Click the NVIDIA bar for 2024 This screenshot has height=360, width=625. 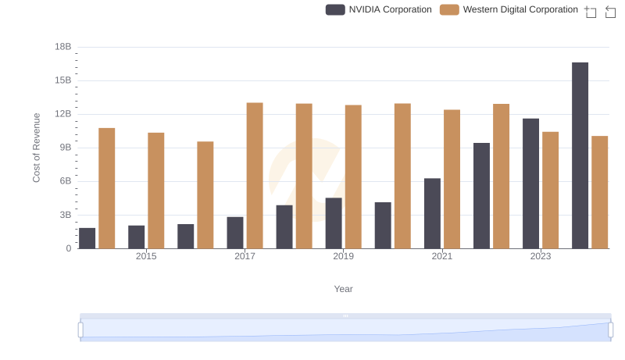point(580,155)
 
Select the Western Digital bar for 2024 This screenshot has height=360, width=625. point(599,192)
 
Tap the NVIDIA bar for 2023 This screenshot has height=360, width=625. point(530,184)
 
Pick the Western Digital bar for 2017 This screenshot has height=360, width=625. point(255,176)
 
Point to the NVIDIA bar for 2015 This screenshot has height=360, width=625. point(136,237)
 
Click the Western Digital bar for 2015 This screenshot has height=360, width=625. point(156,191)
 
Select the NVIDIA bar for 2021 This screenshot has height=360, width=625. point(432,213)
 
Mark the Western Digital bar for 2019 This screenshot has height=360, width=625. point(353,176)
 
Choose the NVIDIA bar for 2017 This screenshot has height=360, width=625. point(235,233)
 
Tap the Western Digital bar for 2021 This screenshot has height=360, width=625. point(452,179)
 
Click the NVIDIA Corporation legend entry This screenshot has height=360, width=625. point(379,9)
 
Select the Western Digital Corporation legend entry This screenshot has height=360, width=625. point(509,9)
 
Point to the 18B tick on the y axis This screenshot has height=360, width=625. point(63,47)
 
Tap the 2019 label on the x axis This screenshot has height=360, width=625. point(343,256)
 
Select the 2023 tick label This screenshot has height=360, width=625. point(541,256)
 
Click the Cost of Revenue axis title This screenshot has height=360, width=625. point(37,148)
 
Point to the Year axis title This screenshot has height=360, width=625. point(344,289)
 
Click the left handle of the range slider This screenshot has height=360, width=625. point(80,330)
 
